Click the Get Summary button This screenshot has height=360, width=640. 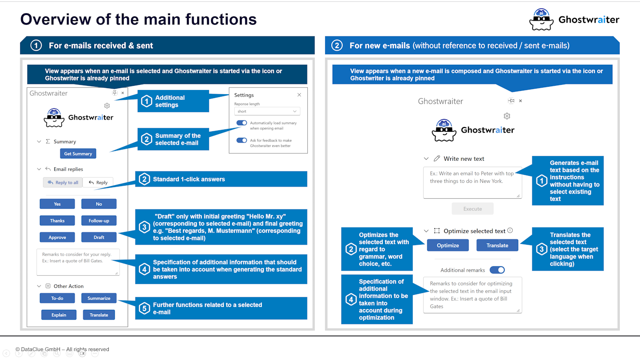point(78,154)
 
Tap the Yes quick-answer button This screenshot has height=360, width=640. point(57,204)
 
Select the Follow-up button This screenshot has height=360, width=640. point(99,220)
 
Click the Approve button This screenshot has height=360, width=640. point(57,237)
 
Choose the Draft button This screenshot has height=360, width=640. point(99,237)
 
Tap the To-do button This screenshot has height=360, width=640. point(57,298)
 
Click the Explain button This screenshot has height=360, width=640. point(59,315)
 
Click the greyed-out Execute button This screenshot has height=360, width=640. point(472,209)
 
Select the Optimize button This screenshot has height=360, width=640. point(448,245)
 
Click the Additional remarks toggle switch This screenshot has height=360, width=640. point(497,270)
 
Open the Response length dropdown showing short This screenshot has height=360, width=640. point(267,112)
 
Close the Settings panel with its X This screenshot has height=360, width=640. point(299,95)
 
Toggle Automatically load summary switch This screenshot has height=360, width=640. point(242,123)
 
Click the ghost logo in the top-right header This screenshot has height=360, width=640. point(541,20)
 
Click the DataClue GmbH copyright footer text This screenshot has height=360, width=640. point(62,349)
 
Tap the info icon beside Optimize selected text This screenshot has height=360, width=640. point(510,231)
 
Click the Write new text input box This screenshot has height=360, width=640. point(472,182)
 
